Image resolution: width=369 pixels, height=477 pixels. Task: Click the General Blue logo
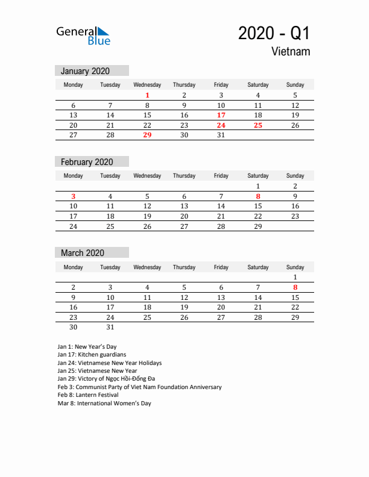83,36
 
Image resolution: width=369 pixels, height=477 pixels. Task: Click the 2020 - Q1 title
274,33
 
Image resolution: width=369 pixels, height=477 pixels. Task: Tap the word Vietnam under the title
291,52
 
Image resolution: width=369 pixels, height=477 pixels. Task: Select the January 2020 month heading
85,71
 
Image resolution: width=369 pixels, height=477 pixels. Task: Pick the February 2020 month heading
87,162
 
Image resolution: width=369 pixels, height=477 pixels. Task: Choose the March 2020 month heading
83,253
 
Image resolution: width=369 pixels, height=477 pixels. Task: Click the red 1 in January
147,95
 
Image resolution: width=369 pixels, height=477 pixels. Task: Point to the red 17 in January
221,115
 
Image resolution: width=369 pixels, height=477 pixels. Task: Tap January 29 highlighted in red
147,136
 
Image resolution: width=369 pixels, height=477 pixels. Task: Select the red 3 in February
74,196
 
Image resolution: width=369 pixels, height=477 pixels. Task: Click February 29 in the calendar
258,226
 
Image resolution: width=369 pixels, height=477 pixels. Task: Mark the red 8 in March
295,287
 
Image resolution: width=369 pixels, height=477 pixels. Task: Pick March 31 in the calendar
110,328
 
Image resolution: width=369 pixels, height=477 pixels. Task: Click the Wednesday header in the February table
147,176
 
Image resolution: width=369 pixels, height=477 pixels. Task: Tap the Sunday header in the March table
295,267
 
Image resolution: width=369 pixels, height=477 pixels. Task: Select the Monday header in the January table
74,85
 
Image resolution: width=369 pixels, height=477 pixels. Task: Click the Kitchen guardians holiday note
92,355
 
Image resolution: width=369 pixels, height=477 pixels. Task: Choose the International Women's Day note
104,404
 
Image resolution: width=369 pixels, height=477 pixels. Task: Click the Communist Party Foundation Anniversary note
139,387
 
